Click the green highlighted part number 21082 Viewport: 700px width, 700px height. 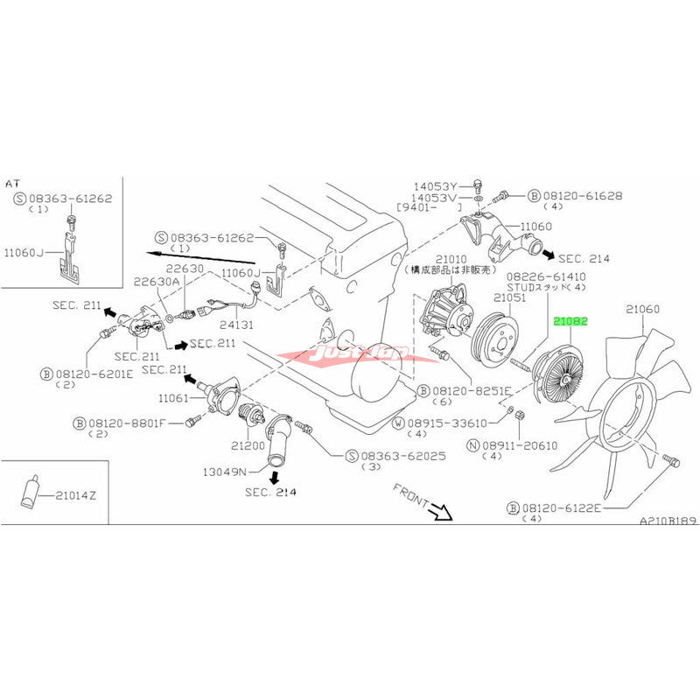pyautogui.click(x=570, y=321)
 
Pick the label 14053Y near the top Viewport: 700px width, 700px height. pyautogui.click(x=437, y=185)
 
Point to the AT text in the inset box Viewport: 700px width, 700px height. pyautogui.click(x=12, y=184)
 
